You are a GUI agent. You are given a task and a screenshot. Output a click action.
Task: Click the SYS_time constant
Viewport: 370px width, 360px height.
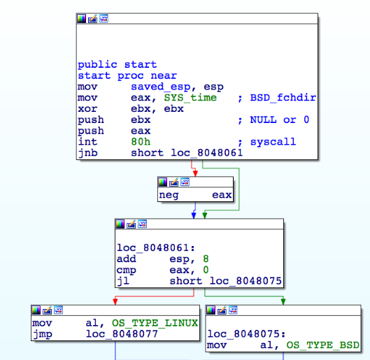click(190, 98)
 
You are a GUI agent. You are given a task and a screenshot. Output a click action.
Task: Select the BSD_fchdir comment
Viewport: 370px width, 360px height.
click(283, 98)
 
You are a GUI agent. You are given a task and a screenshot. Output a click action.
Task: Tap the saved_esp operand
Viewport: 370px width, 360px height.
click(160, 87)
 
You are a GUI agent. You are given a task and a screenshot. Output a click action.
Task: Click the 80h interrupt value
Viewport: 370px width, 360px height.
click(141, 142)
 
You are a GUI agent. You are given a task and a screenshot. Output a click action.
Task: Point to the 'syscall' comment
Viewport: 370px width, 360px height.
click(273, 142)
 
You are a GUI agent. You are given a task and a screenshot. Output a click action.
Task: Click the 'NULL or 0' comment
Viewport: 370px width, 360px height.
click(279, 120)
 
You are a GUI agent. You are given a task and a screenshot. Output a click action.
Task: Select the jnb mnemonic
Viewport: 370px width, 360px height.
click(87, 153)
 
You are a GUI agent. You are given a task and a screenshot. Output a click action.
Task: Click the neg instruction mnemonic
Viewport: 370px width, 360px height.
click(169, 195)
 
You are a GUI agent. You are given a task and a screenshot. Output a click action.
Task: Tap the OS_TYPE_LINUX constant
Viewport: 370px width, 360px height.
click(155, 323)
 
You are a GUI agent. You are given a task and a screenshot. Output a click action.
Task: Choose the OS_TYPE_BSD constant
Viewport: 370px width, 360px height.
click(323, 345)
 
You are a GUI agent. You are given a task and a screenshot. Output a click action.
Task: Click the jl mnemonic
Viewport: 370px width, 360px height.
click(123, 281)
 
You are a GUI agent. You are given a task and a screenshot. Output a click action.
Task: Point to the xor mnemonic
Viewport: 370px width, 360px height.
click(87, 109)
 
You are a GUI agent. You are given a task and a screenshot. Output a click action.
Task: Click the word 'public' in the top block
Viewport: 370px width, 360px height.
click(97, 64)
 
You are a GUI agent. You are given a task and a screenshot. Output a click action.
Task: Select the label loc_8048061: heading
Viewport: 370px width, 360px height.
click(156, 247)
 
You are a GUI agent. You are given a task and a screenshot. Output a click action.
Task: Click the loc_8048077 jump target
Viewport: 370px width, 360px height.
click(122, 334)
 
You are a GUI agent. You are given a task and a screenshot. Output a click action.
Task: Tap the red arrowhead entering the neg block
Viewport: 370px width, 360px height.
click(195, 173)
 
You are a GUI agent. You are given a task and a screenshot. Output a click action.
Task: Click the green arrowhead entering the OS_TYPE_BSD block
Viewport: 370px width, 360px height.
click(283, 301)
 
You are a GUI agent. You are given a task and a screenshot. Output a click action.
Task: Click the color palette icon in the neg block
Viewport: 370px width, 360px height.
click(162, 182)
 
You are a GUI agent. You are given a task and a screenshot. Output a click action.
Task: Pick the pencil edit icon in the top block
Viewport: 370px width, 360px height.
click(92, 18)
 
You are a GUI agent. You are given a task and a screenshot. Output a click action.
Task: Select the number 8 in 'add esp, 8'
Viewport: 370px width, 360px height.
click(206, 259)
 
